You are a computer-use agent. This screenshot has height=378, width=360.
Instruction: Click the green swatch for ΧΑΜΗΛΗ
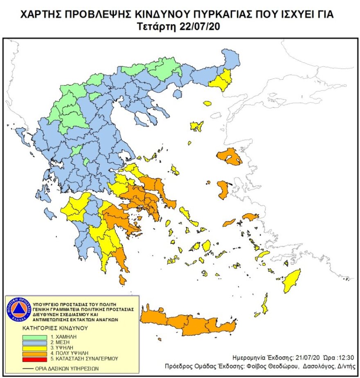(x=35, y=336)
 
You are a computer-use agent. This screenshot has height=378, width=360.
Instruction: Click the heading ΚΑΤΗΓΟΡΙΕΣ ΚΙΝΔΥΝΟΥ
(x=55, y=328)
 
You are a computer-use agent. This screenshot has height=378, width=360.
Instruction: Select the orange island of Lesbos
(x=229, y=157)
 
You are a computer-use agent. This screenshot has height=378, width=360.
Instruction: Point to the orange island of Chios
(x=223, y=190)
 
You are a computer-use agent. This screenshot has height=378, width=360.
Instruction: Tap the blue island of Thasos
(x=177, y=94)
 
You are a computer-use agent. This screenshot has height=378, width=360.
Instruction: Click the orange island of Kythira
(x=122, y=280)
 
